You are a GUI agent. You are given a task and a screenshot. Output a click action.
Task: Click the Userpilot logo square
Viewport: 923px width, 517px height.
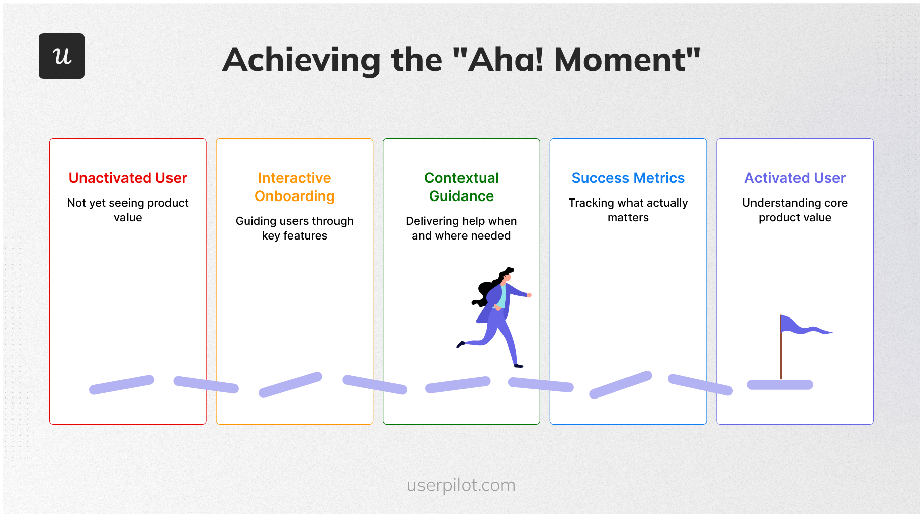tap(62, 56)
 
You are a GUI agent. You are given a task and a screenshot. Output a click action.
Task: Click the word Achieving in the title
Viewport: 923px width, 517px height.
tap(302, 60)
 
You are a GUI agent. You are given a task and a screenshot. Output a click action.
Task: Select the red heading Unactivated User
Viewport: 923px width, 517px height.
tap(128, 178)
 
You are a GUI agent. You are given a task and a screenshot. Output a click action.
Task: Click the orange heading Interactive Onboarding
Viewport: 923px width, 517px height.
tap(295, 187)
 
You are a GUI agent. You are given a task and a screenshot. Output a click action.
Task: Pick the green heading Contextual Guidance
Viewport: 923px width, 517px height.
tap(461, 187)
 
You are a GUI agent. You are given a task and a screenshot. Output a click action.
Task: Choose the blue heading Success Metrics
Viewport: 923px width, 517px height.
tap(628, 178)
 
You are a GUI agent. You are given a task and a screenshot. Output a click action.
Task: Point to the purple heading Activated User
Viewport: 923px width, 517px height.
tap(795, 178)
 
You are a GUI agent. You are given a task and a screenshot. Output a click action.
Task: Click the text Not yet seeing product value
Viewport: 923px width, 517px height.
tap(128, 210)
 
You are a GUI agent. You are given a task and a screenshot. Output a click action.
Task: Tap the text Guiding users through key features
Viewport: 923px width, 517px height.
tap(295, 228)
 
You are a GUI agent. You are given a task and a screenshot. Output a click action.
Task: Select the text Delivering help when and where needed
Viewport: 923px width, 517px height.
tap(461, 228)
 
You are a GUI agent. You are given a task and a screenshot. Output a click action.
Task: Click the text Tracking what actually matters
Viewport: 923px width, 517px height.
tap(628, 210)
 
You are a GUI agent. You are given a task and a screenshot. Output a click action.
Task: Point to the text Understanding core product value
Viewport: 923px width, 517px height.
tap(795, 210)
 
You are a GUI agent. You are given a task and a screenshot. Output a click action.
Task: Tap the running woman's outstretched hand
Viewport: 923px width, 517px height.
tap(529, 295)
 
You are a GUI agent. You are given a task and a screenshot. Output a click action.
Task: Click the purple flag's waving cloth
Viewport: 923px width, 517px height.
tap(805, 326)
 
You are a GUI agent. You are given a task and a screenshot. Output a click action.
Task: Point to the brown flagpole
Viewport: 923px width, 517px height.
tap(781, 347)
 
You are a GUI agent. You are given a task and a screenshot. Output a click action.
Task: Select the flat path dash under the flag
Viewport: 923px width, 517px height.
tap(780, 385)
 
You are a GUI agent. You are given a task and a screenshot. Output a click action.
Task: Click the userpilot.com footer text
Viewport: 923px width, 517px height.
tap(461, 485)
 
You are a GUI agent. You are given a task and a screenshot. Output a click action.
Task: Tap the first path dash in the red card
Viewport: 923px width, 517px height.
tap(121, 385)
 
